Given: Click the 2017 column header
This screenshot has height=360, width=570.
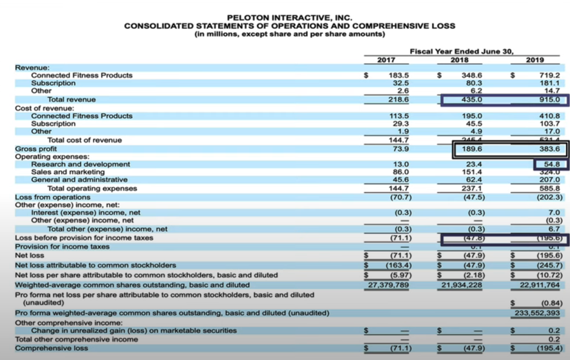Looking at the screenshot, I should coord(386,60).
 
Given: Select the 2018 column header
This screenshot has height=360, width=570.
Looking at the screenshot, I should coord(459,60).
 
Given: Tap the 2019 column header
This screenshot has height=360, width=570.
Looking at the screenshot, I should coord(535,60).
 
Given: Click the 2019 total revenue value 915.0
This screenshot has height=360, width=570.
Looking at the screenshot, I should coord(549,100).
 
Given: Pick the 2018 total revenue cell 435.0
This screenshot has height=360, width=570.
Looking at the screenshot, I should coord(472,100).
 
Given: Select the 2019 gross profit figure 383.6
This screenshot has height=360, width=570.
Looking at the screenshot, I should coord(549,149).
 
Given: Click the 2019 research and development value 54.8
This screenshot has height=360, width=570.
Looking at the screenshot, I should coord(552,164).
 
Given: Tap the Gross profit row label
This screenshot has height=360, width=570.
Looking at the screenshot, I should coord(36,149).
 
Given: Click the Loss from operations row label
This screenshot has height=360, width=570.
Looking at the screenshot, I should coord(52,197).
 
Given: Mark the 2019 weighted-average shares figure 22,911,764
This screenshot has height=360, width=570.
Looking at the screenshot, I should coord(539,285).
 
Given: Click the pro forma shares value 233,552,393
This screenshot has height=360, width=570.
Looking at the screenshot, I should coord(537,313).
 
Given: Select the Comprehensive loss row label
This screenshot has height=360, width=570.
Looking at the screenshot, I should coord(51,348).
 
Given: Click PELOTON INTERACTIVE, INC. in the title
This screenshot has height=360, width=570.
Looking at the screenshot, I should coord(290,17).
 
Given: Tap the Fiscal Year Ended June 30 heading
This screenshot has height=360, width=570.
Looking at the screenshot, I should coord(462,52).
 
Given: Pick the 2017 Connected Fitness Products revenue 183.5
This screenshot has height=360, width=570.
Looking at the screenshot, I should coord(399,75).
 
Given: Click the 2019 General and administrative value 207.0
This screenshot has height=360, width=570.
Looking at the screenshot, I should coord(549,180).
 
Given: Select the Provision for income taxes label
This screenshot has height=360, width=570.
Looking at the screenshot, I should coord(62,247).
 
